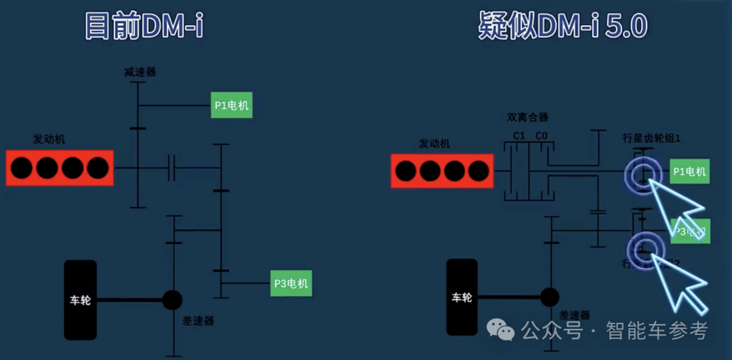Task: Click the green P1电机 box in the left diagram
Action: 231,105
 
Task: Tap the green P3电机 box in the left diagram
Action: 291,283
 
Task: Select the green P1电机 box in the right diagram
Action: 689,172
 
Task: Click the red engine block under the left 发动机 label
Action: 60,168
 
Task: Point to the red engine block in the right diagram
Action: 442,171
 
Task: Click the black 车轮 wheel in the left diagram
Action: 80,300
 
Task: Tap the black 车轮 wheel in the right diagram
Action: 462,297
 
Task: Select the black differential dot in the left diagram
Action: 172,300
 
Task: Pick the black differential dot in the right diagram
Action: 549,297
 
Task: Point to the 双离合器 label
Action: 527,117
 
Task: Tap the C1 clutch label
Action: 519,136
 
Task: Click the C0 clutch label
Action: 541,136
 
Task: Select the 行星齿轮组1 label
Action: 651,138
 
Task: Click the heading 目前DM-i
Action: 144,26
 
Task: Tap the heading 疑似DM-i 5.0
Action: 563,26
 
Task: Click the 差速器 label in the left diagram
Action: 198,321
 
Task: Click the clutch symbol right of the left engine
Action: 172,167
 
